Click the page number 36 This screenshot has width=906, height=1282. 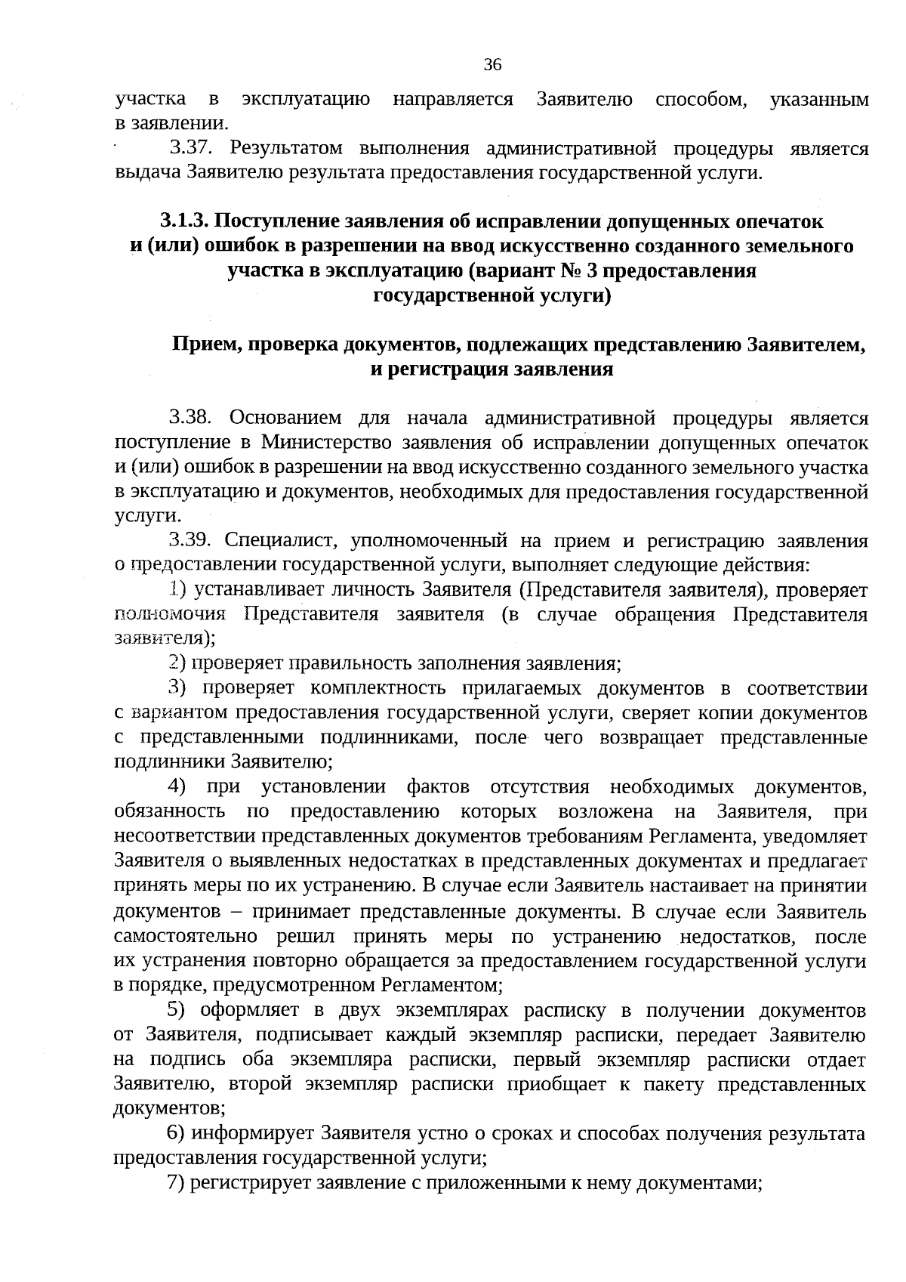click(492, 65)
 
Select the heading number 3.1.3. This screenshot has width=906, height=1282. click(184, 221)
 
